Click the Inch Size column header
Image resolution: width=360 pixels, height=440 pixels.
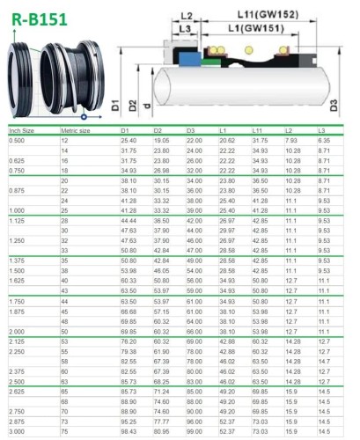(x=23, y=130)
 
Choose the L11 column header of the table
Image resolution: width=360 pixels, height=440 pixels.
(x=259, y=130)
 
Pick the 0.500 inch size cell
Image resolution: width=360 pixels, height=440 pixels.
(x=18, y=141)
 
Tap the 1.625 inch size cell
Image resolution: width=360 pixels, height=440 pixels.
(x=18, y=279)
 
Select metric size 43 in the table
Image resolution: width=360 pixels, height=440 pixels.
(x=65, y=290)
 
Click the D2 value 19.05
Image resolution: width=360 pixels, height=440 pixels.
(x=162, y=141)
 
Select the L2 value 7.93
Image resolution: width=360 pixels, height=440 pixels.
(x=291, y=141)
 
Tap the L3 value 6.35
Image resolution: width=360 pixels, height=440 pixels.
(x=323, y=141)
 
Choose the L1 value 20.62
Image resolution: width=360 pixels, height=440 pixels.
(x=227, y=141)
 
